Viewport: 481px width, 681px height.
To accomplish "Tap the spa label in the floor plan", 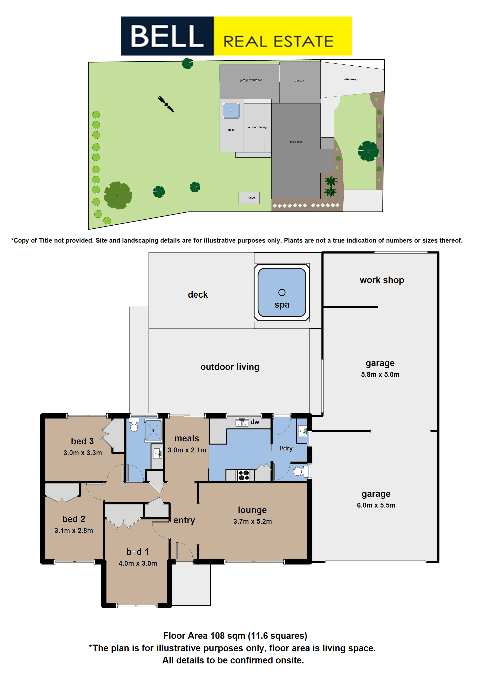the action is pos(282,305).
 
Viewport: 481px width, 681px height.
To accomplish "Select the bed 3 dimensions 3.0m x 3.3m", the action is pos(83,453).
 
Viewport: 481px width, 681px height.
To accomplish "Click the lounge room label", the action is pos(252,510).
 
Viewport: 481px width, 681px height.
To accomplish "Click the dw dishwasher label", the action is pos(255,422).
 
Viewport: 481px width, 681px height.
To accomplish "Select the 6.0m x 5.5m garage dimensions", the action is pos(376,505).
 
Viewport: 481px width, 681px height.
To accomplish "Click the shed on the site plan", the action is pos(249,198).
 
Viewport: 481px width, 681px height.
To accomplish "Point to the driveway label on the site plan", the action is pos(350,79).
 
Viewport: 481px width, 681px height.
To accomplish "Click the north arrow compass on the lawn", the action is pos(166,104).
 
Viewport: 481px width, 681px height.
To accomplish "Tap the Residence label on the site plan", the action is pos(296,142).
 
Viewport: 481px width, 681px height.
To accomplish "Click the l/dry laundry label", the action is pos(286,448).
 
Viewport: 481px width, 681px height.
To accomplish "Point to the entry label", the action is pos(184,520).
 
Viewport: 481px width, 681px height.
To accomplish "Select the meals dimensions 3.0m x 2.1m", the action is pos(187,450).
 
